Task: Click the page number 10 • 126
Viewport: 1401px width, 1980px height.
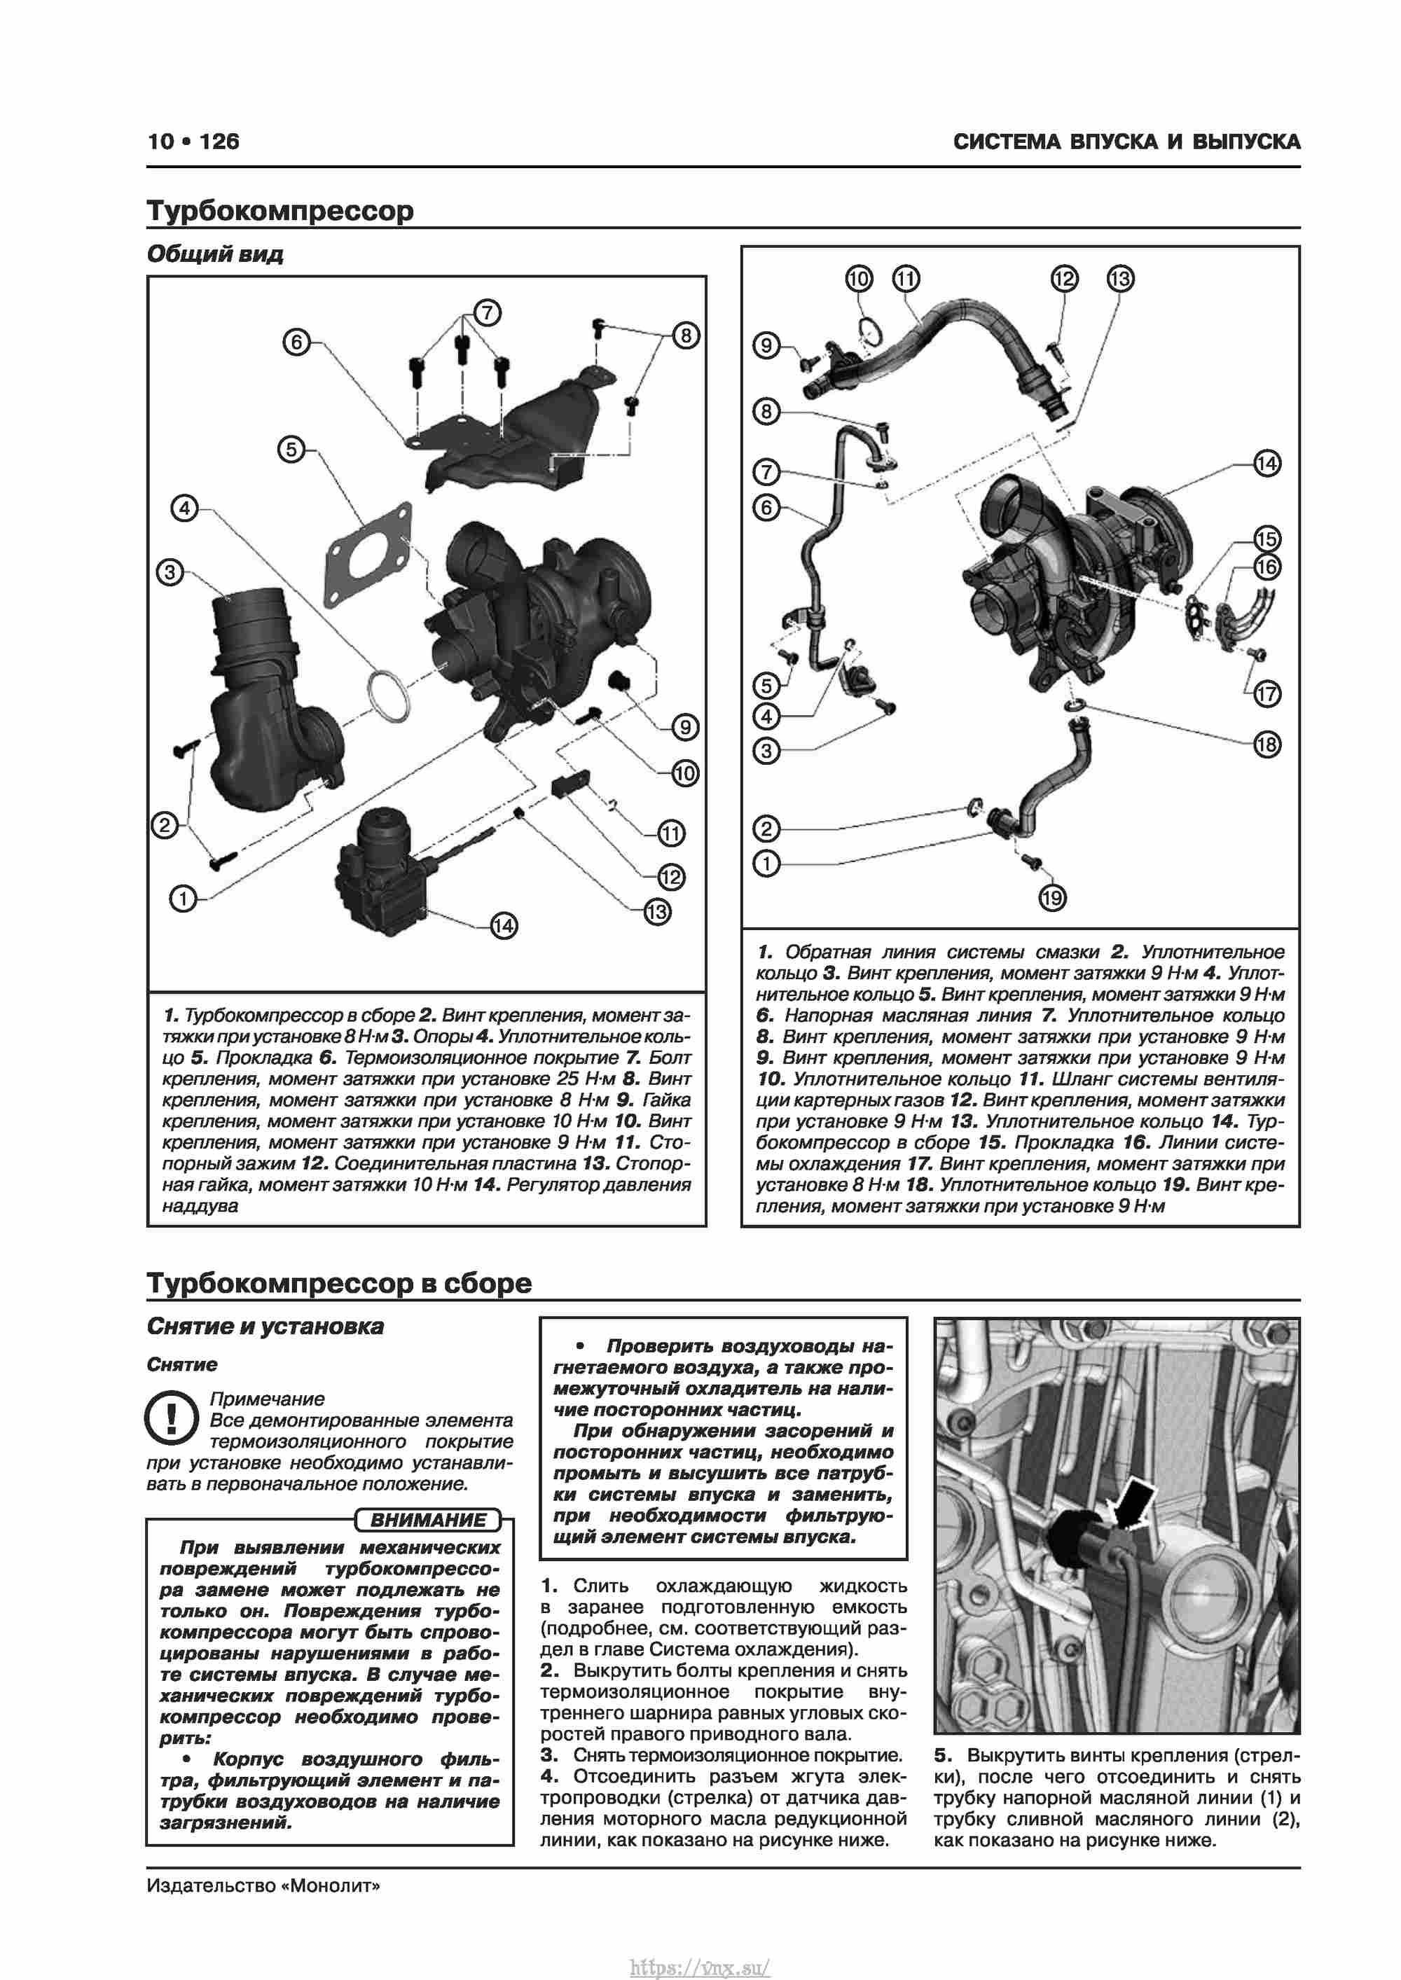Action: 193,141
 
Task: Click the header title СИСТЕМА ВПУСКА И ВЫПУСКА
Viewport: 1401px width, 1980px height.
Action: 1126,142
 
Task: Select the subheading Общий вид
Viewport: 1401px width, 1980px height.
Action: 215,254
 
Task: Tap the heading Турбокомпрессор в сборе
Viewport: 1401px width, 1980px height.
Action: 339,1283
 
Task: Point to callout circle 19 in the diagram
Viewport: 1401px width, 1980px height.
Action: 1051,899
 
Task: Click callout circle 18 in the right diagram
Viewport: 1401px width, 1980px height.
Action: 1267,745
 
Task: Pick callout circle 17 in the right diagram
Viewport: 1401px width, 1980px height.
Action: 1267,693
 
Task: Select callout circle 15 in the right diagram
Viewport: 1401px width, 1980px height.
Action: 1267,539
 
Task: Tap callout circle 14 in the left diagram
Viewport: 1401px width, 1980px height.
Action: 504,926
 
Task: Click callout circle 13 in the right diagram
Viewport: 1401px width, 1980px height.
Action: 1120,279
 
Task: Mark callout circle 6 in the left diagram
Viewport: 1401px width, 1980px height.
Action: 297,342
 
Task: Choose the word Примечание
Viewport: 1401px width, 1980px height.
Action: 268,1399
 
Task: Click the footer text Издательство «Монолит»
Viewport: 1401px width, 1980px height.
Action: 263,1886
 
